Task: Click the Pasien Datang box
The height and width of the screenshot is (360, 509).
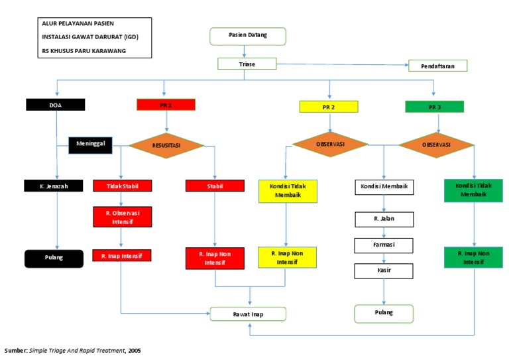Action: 248,36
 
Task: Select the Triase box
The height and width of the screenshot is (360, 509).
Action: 247,64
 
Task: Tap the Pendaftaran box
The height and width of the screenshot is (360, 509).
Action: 438,66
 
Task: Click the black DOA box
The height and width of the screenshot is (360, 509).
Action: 56,105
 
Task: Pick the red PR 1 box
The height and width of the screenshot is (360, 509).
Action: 166,105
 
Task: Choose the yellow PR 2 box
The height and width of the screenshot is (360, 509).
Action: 329,106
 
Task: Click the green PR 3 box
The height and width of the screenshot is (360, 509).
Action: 434,106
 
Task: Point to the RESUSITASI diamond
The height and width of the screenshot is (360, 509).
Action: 166,144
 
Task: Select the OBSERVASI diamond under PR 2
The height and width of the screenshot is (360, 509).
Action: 329,144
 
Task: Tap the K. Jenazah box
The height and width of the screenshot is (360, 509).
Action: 55,186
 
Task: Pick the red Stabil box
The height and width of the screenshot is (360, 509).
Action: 215,186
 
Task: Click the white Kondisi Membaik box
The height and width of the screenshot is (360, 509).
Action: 384,188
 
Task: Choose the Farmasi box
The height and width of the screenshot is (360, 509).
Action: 384,245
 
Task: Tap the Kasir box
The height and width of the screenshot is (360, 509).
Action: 384,270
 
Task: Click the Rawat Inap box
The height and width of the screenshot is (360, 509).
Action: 248,314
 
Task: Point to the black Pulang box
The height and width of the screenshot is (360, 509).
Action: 55,258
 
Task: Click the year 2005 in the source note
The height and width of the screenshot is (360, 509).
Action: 135,350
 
